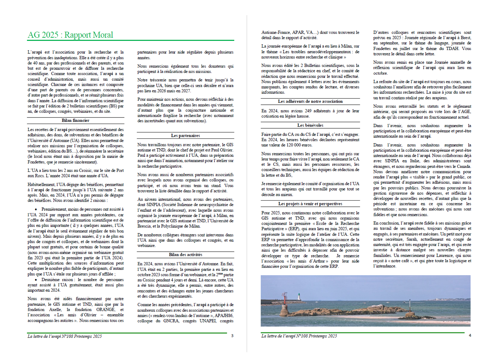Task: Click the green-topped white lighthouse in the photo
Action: point(298,297)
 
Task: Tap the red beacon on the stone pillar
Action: point(285,299)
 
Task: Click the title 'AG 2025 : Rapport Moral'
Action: point(70,35)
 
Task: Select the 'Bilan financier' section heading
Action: point(75,121)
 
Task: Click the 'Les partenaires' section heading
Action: point(185,135)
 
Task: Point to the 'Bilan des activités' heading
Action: point(186,255)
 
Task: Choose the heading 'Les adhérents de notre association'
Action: point(310,101)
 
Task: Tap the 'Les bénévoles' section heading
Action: point(310,125)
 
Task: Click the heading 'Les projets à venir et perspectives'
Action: point(310,204)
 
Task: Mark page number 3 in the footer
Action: point(232,336)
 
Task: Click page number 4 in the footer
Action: point(470,335)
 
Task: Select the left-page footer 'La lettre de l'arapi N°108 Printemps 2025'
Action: point(65,336)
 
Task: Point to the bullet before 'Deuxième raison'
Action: point(36,280)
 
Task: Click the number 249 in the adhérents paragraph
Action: point(308,111)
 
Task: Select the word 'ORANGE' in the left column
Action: point(105,309)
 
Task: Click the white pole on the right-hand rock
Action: point(410,304)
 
